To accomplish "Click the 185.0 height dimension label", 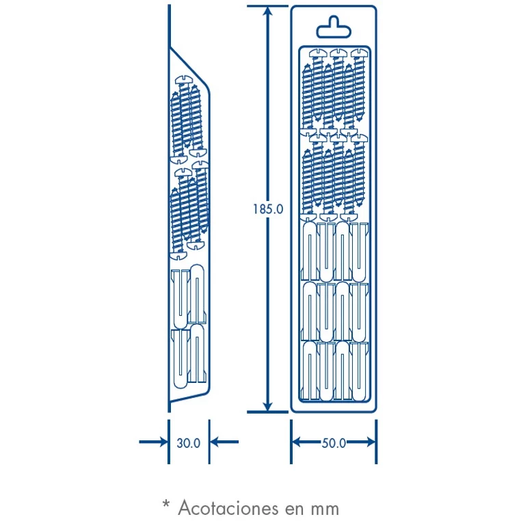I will (x=267, y=209).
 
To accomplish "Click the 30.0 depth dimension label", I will (x=188, y=442).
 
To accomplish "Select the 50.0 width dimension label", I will (x=334, y=442).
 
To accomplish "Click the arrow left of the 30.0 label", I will (x=154, y=442).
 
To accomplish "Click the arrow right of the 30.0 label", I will (x=224, y=442).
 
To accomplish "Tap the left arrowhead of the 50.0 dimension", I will (x=298, y=442).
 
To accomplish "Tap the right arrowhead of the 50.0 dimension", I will (x=369, y=442).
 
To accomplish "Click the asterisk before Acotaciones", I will (x=165, y=505).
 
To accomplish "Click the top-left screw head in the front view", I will (x=318, y=53).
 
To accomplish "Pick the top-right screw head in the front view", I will (x=359, y=53).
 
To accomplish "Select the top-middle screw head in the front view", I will (x=338, y=53).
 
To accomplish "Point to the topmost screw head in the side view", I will (x=186, y=80).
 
